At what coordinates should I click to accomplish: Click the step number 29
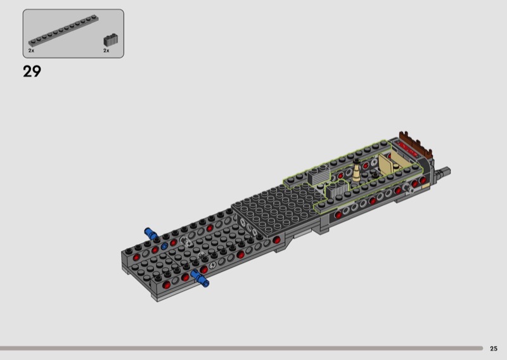click(x=32, y=72)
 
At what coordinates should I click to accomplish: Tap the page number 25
click(x=494, y=349)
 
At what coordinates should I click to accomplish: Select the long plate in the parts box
click(x=63, y=30)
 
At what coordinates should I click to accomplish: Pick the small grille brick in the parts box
click(x=110, y=40)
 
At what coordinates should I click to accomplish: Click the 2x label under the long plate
click(x=31, y=51)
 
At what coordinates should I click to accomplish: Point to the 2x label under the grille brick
click(x=106, y=51)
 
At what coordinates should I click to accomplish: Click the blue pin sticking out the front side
click(x=200, y=279)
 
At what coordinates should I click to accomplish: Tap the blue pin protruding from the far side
click(x=151, y=233)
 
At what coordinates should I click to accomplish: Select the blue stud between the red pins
click(x=164, y=246)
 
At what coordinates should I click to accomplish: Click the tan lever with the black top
click(x=356, y=170)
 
